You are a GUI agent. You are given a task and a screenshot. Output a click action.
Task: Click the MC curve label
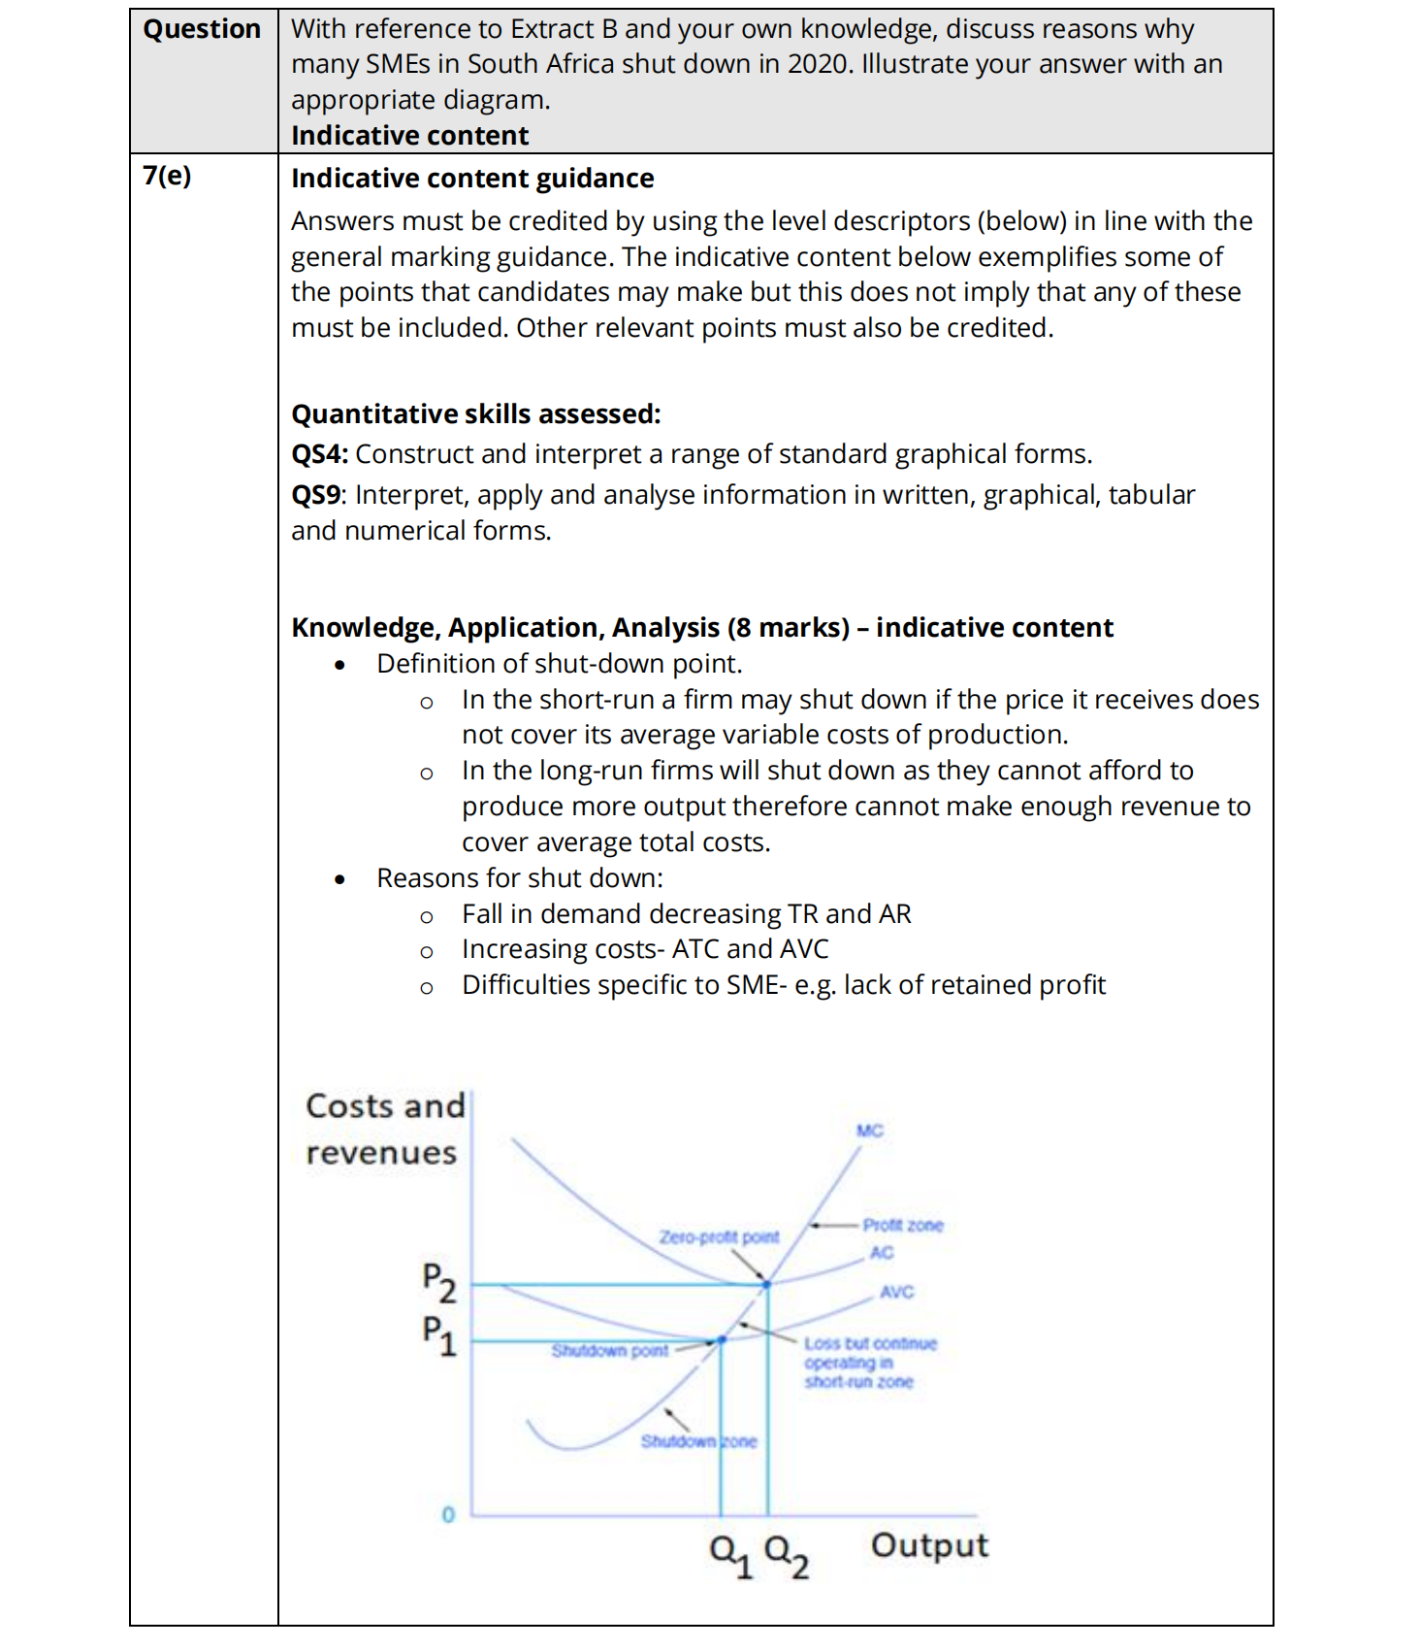pyautogui.click(x=869, y=1131)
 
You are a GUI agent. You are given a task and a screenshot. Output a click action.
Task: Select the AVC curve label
pyautogui.click(x=896, y=1292)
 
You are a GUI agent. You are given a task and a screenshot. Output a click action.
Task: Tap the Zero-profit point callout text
pyautogui.click(x=719, y=1236)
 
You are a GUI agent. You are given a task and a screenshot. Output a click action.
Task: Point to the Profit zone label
pyautogui.click(x=902, y=1225)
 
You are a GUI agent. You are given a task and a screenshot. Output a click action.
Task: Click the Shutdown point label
pyautogui.click(x=609, y=1350)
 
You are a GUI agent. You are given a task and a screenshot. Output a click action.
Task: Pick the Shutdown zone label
pyautogui.click(x=698, y=1441)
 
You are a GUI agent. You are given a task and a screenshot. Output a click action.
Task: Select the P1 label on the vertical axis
pyautogui.click(x=438, y=1335)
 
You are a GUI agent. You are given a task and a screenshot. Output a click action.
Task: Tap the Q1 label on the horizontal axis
pyautogui.click(x=730, y=1554)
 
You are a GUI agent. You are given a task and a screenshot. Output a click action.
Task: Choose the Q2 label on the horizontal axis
pyautogui.click(x=786, y=1554)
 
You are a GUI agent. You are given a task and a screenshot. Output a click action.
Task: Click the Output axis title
pyautogui.click(x=929, y=1545)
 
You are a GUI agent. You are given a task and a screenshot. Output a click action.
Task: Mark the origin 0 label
pyautogui.click(x=447, y=1514)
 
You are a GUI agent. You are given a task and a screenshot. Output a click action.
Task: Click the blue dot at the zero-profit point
pyautogui.click(x=766, y=1284)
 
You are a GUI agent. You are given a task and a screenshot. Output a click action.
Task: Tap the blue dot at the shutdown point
pyautogui.click(x=722, y=1340)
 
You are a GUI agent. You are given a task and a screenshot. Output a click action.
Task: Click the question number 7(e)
pyautogui.click(x=167, y=176)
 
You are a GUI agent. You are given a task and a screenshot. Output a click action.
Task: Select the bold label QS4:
pyautogui.click(x=319, y=454)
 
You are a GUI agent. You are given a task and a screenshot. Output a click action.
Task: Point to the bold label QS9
pyautogui.click(x=315, y=495)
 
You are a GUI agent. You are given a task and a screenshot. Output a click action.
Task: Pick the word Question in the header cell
pyautogui.click(x=202, y=29)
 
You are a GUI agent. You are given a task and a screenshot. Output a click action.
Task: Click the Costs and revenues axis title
pyautogui.click(x=385, y=1129)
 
